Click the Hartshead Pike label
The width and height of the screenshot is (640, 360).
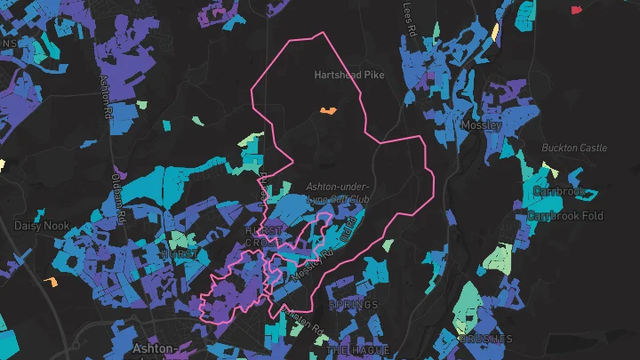pos(349,76)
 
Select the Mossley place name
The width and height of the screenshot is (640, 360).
pos(481,125)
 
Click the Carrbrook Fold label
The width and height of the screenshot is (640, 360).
pos(565,216)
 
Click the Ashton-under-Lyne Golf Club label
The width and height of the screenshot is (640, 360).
pos(337,195)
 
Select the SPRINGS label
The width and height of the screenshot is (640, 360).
pos(354,305)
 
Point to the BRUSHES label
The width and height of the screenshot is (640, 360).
pos(486,339)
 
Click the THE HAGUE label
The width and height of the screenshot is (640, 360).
pos(357,350)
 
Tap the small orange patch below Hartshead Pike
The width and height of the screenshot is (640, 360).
pos(327,111)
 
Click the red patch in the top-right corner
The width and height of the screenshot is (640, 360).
pos(576,9)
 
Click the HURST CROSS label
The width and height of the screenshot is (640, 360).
pos(263,236)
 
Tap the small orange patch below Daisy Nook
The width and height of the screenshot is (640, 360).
pos(51,283)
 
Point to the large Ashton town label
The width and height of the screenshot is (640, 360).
pos(151,349)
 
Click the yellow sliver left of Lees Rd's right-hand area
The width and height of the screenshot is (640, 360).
pos(495,30)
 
